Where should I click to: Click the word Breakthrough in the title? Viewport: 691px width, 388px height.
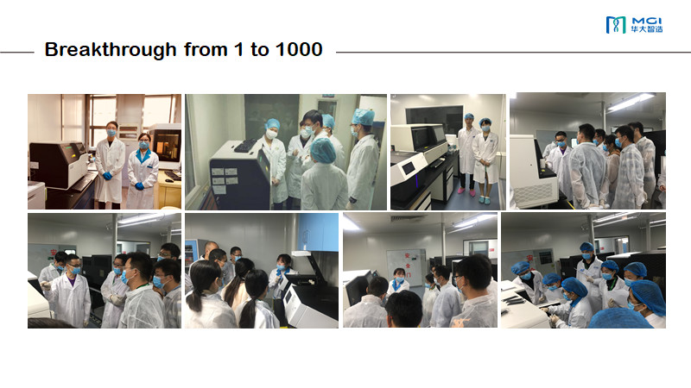coord(111,50)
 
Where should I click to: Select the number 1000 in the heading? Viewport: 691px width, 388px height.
coord(299,49)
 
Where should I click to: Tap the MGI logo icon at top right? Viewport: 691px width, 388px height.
coord(616,25)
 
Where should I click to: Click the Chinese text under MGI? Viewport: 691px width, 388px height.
coord(646,29)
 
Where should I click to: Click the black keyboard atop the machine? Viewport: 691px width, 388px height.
coord(245,146)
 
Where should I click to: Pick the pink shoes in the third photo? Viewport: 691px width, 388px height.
coord(466,191)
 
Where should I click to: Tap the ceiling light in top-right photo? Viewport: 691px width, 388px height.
coord(631,102)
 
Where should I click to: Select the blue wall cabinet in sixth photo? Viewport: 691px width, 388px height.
coord(318,232)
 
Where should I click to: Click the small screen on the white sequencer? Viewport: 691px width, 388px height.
coord(409,167)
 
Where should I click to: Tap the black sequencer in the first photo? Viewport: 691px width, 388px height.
coord(59,164)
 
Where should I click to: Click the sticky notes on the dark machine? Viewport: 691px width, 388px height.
coord(224,179)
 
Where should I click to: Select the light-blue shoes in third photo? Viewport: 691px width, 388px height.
coord(484,200)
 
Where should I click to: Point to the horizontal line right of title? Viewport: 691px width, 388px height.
coord(513,53)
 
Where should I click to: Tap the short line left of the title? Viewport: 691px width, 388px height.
coord(16,53)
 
